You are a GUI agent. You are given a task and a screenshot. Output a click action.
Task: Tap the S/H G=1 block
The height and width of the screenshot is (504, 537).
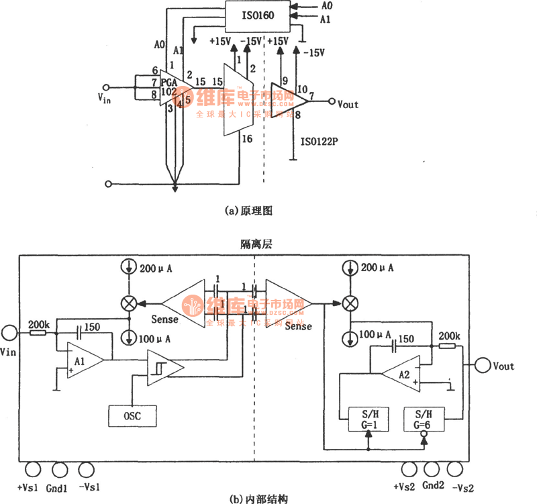pos(361,420)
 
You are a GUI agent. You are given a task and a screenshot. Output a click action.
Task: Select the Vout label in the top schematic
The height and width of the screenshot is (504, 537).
pos(348,104)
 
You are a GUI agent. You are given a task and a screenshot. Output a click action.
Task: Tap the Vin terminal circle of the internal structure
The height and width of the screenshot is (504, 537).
pos(9,332)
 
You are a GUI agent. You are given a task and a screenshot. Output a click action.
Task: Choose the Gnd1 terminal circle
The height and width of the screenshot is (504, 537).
pos(59,470)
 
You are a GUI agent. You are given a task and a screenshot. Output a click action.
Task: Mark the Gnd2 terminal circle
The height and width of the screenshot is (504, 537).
pos(429,470)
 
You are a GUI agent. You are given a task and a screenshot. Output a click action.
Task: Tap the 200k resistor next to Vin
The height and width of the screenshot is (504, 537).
pos(38,332)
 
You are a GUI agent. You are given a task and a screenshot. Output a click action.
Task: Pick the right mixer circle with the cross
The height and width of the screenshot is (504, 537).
pos(349,303)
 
